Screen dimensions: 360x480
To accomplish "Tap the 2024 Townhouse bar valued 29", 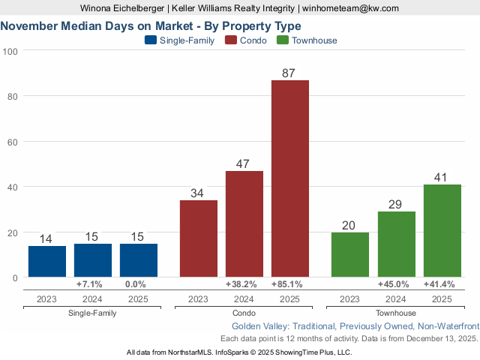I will tap(396, 244).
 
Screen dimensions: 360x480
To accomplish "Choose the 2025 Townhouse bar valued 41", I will tap(442, 230).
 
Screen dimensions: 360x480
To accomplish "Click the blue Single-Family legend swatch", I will tap(150, 40).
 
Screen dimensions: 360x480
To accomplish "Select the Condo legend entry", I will tap(247, 40).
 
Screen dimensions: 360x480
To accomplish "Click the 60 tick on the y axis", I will tap(13, 141).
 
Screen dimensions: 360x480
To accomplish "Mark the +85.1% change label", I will tap(289, 284).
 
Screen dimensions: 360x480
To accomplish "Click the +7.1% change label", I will tap(93, 284).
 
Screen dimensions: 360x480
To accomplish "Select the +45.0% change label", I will tap(396, 284).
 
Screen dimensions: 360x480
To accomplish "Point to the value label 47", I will tap(244, 163).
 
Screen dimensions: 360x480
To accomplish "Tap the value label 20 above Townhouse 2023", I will tap(350, 225).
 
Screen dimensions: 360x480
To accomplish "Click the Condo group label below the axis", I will tap(244, 313).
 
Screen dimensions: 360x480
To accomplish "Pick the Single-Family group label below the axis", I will tap(92, 313).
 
